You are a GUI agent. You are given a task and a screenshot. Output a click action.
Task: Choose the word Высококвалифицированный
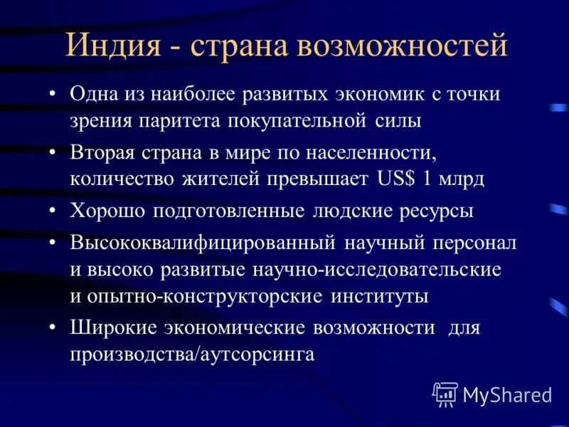[203, 243]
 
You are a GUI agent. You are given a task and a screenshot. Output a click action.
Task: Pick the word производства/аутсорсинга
[192, 354]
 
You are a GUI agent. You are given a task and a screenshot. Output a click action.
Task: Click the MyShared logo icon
[445, 394]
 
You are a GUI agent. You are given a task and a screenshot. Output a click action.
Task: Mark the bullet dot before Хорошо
[55, 212]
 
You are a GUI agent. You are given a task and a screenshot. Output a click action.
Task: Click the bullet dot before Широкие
[55, 329]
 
